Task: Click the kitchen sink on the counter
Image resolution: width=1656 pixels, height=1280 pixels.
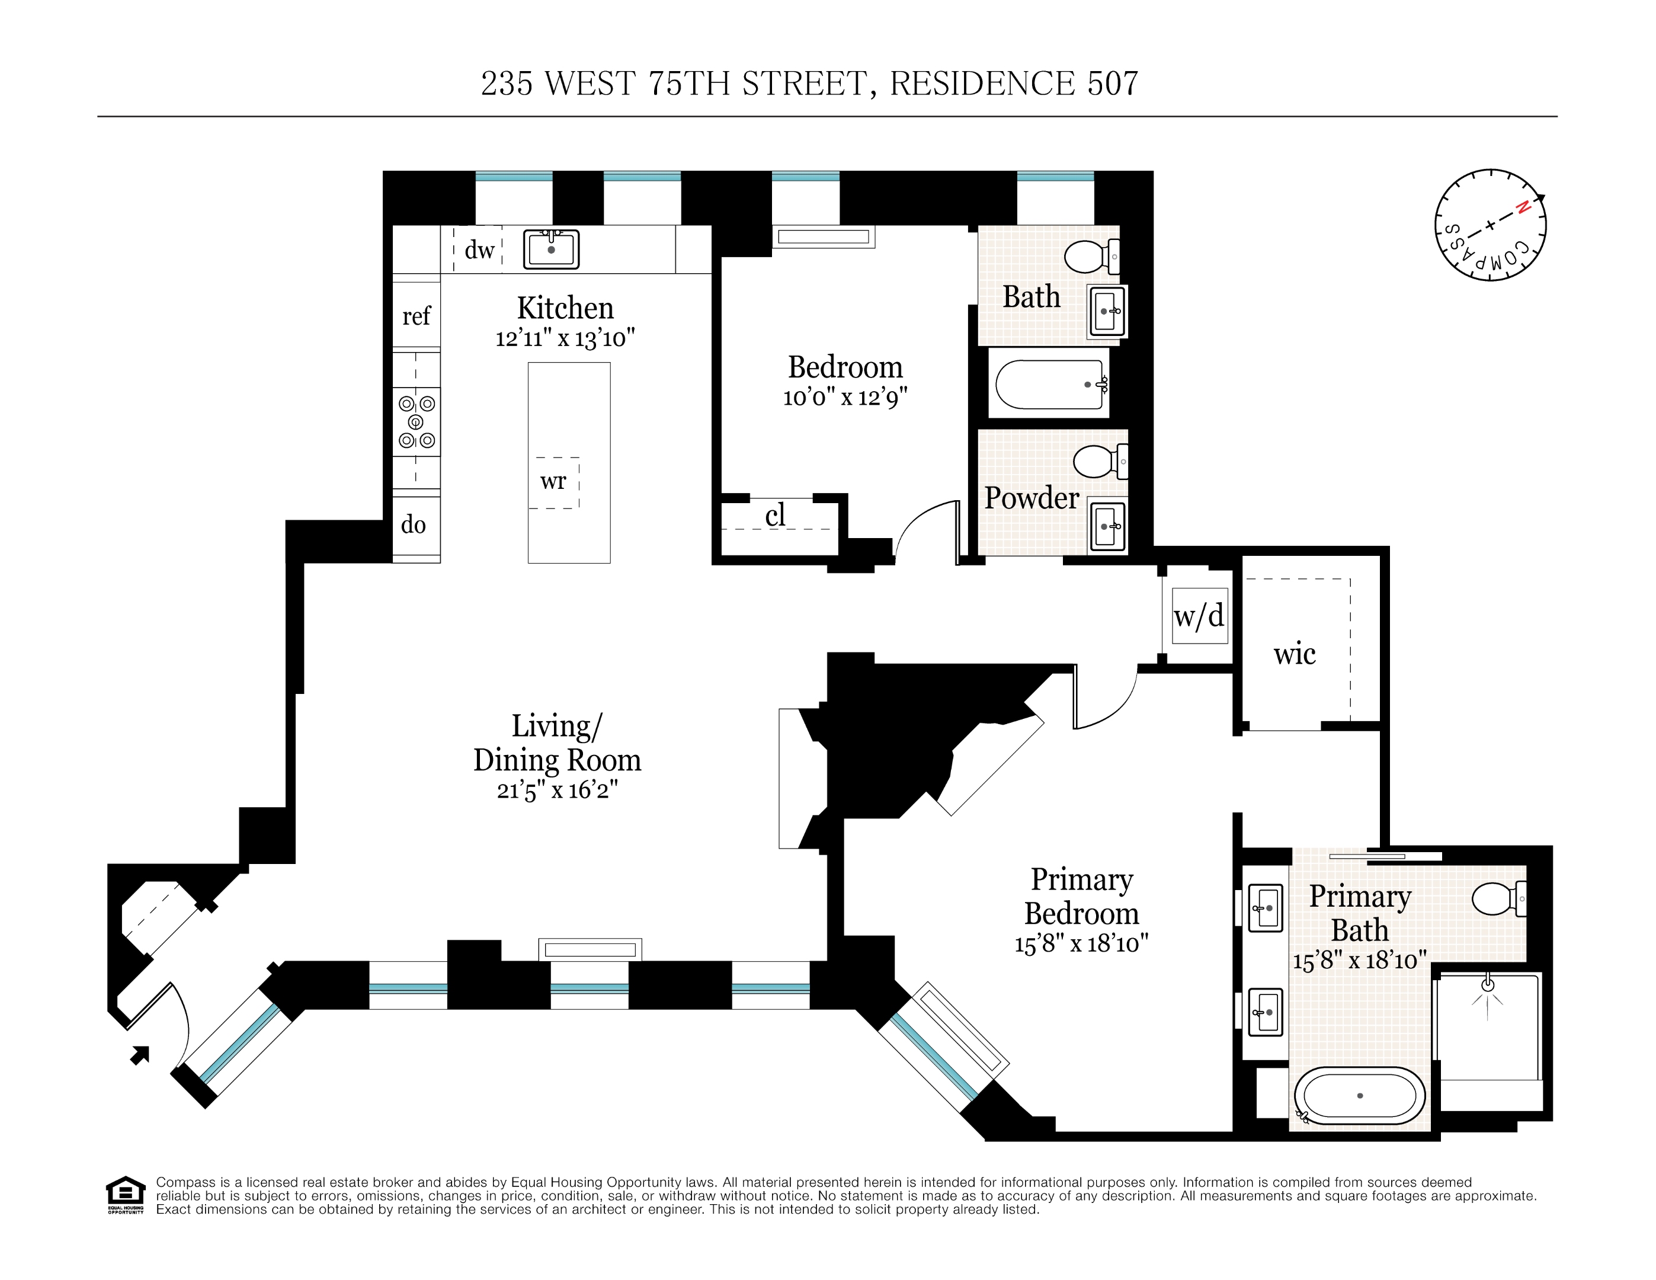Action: (551, 249)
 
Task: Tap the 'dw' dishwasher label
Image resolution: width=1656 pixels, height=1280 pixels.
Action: (479, 249)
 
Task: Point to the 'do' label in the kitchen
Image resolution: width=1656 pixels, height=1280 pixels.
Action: (413, 524)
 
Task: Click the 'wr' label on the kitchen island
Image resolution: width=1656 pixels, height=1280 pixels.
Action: (553, 481)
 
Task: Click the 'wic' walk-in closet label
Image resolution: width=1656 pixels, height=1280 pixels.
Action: (1295, 654)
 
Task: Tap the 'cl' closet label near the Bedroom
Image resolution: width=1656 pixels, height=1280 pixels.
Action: (775, 516)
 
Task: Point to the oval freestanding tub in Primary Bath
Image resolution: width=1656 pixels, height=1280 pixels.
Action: (1360, 1096)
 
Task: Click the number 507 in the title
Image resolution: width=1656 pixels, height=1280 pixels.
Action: (1112, 84)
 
